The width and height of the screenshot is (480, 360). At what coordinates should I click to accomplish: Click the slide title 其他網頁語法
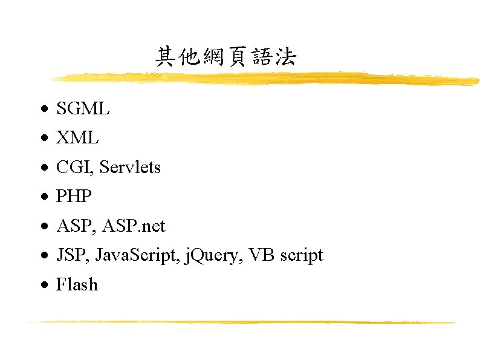click(225, 57)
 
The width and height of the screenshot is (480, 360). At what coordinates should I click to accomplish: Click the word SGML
click(83, 109)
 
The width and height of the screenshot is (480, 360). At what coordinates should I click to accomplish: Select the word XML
click(77, 138)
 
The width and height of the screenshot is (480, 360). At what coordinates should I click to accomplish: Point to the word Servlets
click(130, 167)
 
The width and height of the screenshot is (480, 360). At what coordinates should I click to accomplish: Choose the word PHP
click(74, 197)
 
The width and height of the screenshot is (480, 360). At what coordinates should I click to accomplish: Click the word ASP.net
click(134, 226)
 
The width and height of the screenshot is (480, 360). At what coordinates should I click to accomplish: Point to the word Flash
click(77, 284)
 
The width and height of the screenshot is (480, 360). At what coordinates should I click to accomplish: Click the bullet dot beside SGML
click(45, 110)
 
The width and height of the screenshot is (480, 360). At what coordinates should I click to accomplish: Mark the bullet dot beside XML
click(45, 139)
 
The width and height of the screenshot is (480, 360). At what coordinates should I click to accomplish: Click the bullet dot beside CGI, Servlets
click(45, 168)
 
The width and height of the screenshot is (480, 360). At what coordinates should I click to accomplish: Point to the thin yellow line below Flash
click(242, 322)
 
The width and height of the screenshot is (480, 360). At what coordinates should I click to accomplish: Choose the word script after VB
click(300, 255)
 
